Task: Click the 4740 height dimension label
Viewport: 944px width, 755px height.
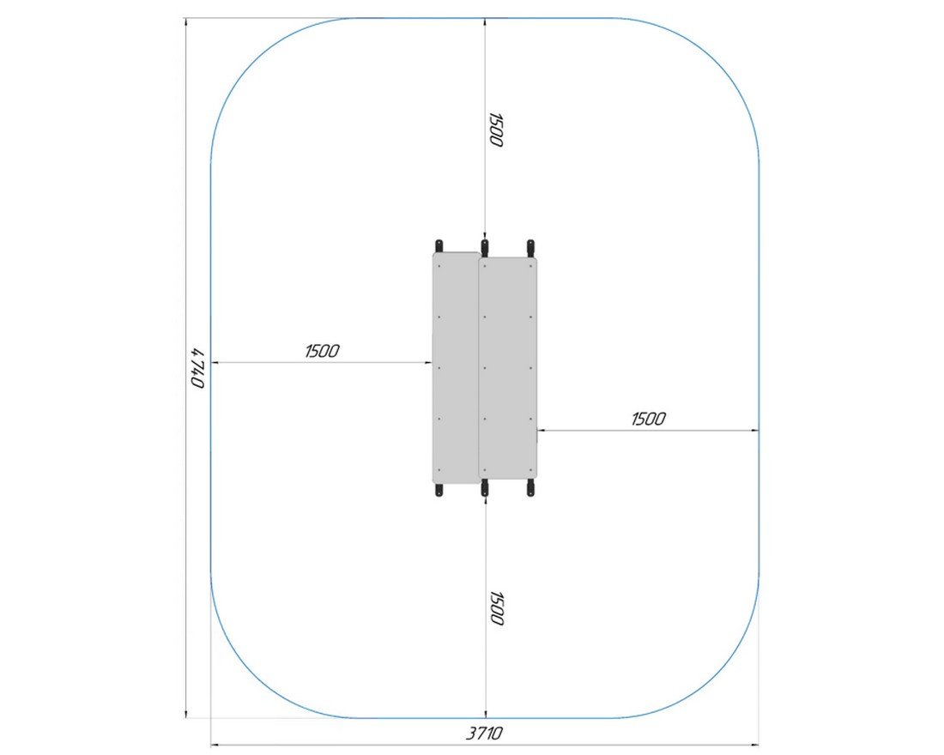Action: click(198, 368)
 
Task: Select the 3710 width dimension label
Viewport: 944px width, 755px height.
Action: click(484, 733)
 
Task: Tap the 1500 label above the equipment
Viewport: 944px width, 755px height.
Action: click(495, 130)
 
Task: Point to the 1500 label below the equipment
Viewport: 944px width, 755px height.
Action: click(495, 608)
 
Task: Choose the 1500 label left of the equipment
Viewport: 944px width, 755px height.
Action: click(322, 350)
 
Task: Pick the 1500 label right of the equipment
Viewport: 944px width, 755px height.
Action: click(649, 419)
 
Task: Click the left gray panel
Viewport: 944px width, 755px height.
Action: click(456, 368)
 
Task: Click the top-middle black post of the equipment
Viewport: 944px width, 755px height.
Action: click(485, 247)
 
